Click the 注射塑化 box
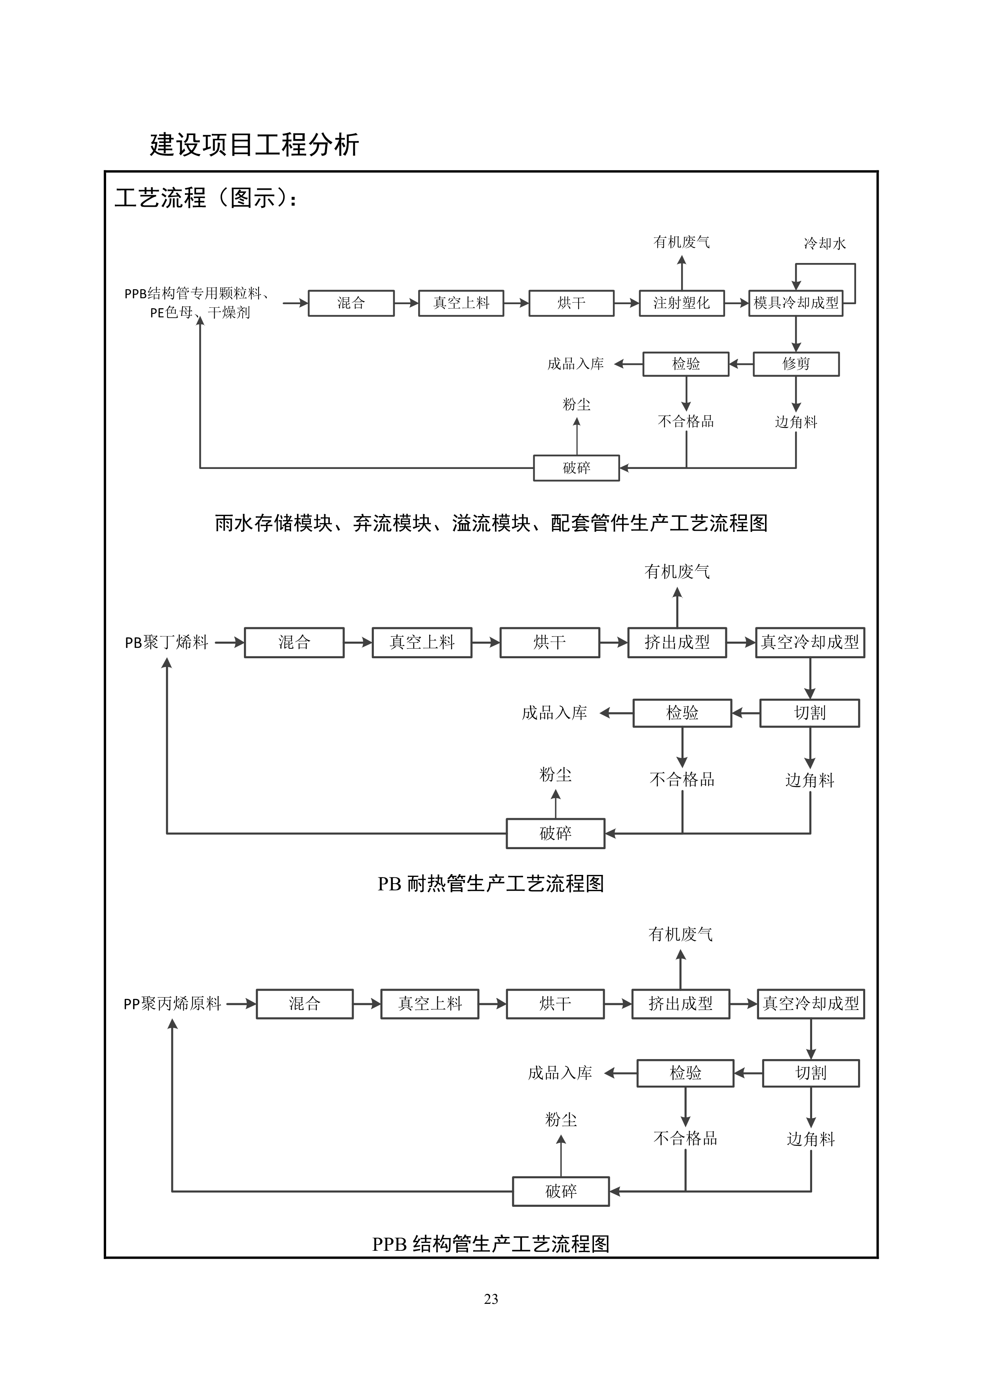[681, 303]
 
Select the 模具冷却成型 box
[796, 303]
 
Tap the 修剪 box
[796, 364]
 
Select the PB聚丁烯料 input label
[166, 642]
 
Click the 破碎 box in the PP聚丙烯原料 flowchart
[561, 1191]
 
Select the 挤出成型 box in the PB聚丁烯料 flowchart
[677, 642]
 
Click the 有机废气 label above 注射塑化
[681, 242]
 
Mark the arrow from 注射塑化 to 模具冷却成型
[736, 303]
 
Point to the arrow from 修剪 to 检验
[741, 364]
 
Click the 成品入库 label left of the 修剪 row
[576, 364]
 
